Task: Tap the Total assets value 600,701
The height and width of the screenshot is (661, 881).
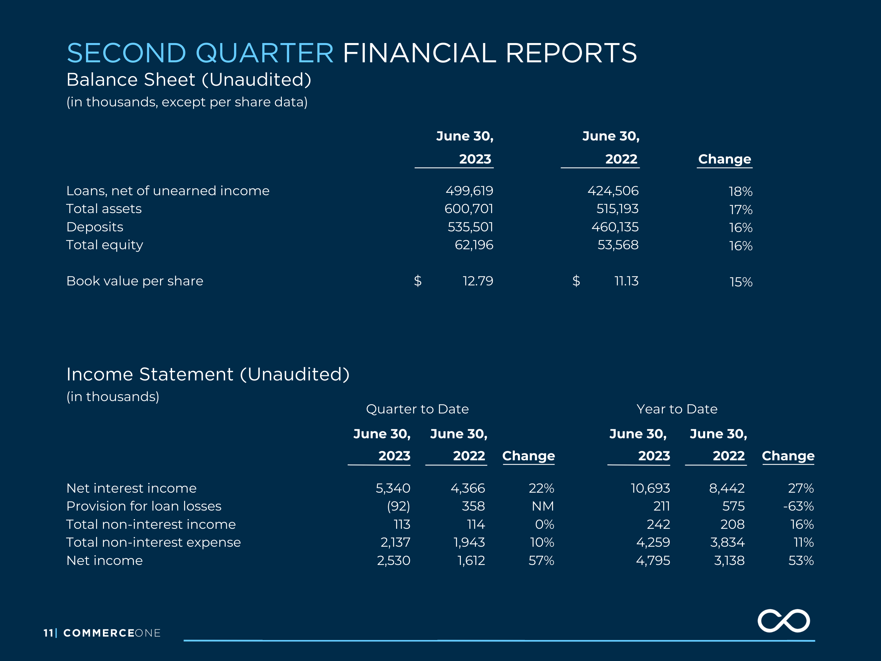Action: coord(469,209)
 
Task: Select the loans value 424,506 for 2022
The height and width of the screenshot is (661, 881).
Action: coord(613,191)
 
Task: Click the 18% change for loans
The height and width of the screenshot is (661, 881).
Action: coord(740,192)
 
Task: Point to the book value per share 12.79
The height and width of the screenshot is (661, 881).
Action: coord(478,281)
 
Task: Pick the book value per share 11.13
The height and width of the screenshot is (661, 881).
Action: coord(626,281)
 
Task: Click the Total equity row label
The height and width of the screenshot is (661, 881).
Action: coord(105,245)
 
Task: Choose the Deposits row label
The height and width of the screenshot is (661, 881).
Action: coord(95,227)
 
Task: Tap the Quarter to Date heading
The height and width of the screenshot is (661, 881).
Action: coord(417,409)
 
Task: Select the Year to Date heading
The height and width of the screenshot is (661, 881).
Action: coord(677,409)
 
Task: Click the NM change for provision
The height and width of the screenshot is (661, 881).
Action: coord(543,506)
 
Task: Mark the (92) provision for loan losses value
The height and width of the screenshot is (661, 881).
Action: coord(399,506)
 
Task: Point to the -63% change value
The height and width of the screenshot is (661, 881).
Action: coord(798,506)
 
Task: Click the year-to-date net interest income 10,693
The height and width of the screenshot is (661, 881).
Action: coord(650,488)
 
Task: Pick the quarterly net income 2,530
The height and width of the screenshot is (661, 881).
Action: coord(393,560)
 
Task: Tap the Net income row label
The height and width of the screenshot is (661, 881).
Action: coord(105,560)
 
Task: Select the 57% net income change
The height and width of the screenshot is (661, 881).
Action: coord(541,560)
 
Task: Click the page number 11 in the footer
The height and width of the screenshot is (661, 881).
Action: coord(49,633)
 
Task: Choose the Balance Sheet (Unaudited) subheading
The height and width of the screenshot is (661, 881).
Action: coord(189,80)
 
